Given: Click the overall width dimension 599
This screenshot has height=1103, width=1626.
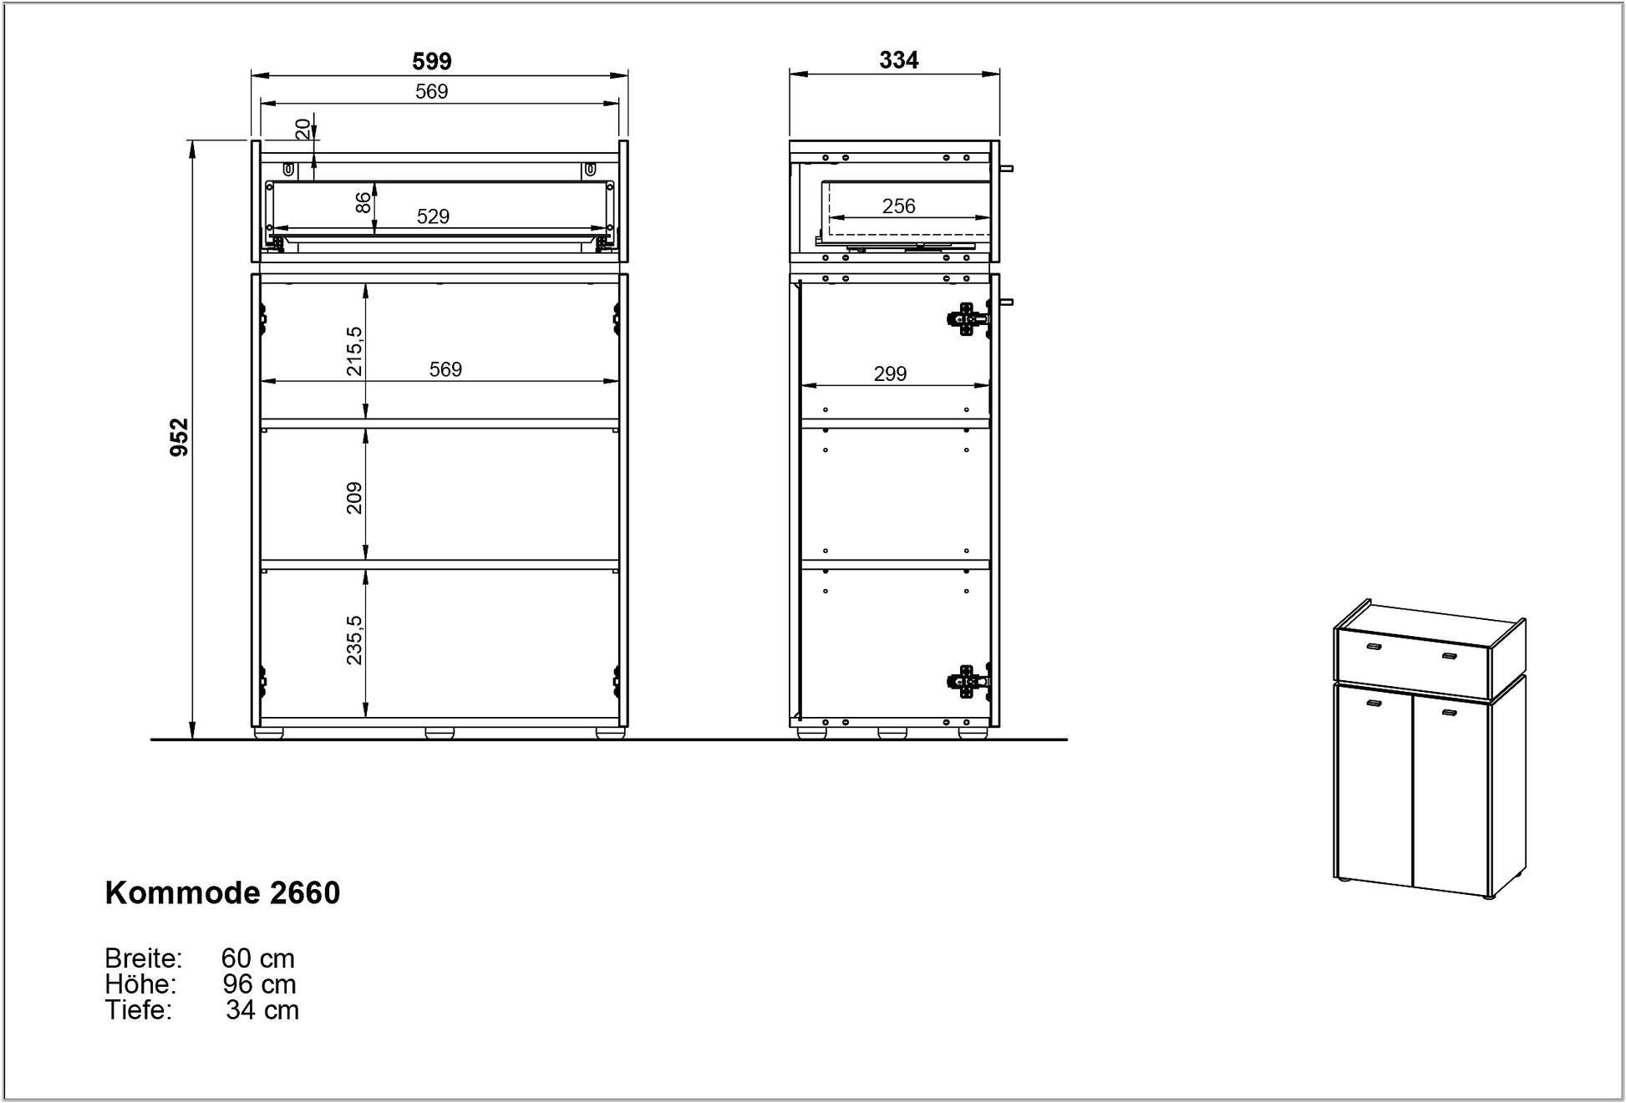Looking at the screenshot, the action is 432,61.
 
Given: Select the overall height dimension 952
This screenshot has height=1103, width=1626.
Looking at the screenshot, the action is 180,437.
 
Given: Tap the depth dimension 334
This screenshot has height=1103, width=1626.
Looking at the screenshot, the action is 898,60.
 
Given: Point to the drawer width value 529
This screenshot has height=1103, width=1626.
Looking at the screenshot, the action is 433,216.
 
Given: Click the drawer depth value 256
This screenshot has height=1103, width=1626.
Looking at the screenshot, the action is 898,206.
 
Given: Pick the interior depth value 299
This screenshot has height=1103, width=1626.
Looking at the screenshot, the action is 890,374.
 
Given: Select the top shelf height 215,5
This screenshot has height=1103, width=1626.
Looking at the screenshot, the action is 354,351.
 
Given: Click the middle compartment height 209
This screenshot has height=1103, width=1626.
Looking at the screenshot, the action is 354,498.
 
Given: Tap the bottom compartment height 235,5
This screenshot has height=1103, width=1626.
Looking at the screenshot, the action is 354,640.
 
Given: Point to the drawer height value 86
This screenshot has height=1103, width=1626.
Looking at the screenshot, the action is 363,203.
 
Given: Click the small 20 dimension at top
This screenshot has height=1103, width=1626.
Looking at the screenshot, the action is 303,129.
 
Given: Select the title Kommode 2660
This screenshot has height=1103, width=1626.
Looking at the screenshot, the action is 222,893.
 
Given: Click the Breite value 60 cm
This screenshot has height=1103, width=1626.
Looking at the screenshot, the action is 257,958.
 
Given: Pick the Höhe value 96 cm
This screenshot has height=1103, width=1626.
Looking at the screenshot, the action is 259,984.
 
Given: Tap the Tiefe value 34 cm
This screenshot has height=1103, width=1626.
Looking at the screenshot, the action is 262,1010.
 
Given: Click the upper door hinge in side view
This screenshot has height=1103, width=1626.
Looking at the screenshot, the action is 968,318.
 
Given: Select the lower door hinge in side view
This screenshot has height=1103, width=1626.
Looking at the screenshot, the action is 968,682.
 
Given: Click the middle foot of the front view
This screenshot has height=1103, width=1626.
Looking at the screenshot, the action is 440,734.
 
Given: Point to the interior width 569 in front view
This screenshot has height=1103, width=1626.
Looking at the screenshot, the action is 445,369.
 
